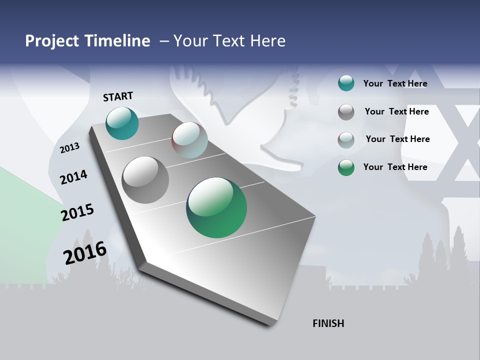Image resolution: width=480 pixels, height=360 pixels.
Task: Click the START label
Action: click(118, 96)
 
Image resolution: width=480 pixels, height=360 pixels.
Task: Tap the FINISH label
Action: click(328, 323)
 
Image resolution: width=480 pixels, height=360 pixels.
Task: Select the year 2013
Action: click(69, 148)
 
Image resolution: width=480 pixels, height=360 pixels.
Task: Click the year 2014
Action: click(73, 177)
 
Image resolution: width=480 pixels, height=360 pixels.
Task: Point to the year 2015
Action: click(77, 212)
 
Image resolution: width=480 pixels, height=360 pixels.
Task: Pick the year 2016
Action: click(85, 253)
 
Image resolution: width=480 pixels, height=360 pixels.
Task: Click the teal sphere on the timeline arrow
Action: click(122, 123)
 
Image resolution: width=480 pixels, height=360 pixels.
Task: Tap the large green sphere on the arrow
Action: click(216, 207)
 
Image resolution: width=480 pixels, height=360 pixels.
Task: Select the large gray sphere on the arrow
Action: click(145, 180)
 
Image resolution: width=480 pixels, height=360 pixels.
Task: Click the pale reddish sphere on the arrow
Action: click(189, 140)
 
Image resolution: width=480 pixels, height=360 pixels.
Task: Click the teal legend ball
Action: click(346, 83)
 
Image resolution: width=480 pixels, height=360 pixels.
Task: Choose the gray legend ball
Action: click(346, 112)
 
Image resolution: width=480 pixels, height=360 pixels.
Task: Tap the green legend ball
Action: click(346, 167)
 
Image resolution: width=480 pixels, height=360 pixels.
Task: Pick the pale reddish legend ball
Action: click(346, 140)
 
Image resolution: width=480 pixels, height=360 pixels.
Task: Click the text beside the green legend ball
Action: click(395, 167)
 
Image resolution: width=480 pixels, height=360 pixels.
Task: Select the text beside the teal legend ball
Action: click(395, 83)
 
